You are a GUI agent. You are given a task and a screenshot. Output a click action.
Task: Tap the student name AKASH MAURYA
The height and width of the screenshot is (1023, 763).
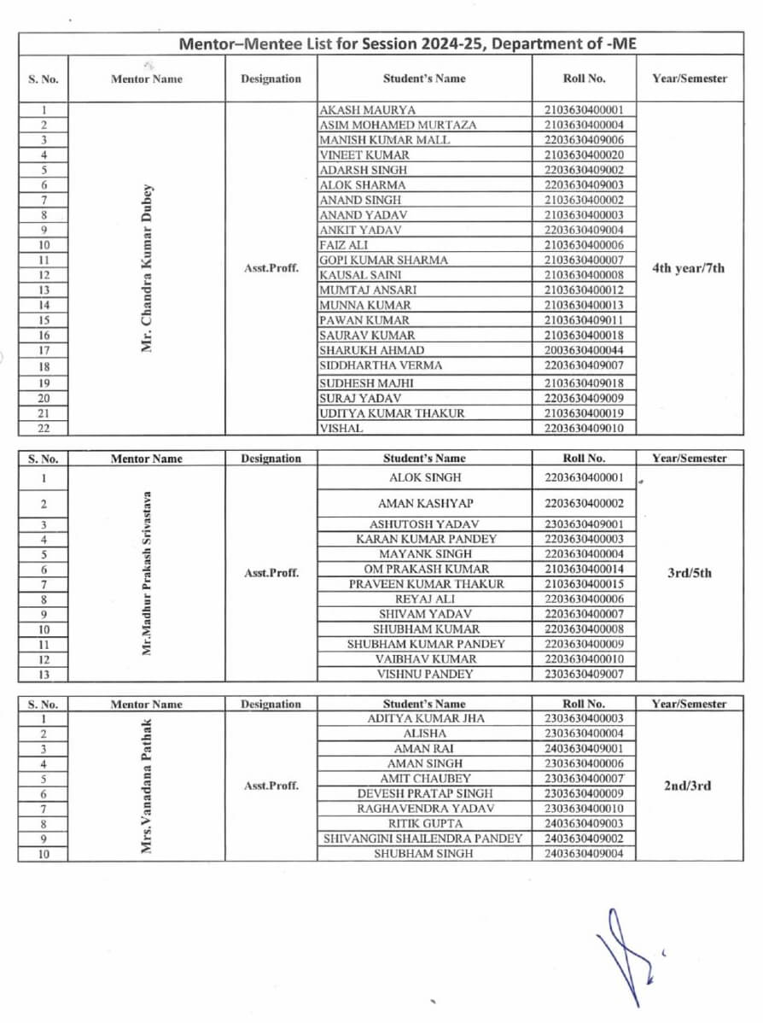367,110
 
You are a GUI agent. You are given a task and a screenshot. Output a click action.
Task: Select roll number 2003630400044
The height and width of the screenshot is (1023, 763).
584,350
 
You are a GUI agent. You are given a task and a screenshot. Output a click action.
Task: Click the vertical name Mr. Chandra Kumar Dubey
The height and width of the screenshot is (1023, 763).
147,267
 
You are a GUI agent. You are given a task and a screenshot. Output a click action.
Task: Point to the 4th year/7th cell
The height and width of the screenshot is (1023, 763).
689,267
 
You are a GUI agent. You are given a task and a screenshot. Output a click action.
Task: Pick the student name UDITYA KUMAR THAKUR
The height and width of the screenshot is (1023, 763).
392,413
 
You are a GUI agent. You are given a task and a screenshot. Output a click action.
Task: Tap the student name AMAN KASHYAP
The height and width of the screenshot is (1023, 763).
425,504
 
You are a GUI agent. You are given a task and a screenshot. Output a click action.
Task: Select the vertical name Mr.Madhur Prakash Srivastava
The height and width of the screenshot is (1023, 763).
147,573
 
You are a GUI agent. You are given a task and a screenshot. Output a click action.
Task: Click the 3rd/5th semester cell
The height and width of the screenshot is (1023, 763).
689,573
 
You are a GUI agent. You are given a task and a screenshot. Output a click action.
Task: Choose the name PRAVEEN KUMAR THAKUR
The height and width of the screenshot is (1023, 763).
426,584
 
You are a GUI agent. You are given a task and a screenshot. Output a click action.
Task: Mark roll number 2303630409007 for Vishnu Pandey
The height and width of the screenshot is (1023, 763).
584,674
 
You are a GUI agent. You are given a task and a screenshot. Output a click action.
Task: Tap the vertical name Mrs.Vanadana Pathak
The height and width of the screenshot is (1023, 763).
147,786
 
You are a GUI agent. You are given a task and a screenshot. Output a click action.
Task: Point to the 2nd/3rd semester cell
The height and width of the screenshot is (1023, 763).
688,786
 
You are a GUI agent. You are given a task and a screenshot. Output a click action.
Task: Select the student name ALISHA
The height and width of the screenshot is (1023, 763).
424,734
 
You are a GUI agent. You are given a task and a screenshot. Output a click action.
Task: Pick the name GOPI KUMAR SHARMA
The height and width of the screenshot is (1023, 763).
382,260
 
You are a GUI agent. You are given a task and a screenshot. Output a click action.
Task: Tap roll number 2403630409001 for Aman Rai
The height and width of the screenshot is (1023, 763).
584,749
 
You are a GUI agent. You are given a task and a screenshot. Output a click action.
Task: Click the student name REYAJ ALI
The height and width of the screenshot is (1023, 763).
425,599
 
